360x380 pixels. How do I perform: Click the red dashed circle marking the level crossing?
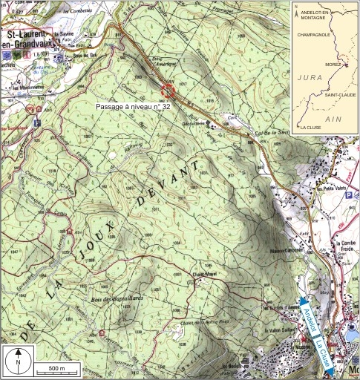coord(168,91)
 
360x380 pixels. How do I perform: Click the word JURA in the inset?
coord(309,78)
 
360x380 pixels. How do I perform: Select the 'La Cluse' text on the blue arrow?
coord(321,349)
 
